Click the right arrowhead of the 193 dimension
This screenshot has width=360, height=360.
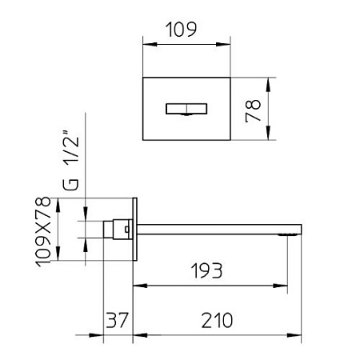[x=285, y=284]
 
